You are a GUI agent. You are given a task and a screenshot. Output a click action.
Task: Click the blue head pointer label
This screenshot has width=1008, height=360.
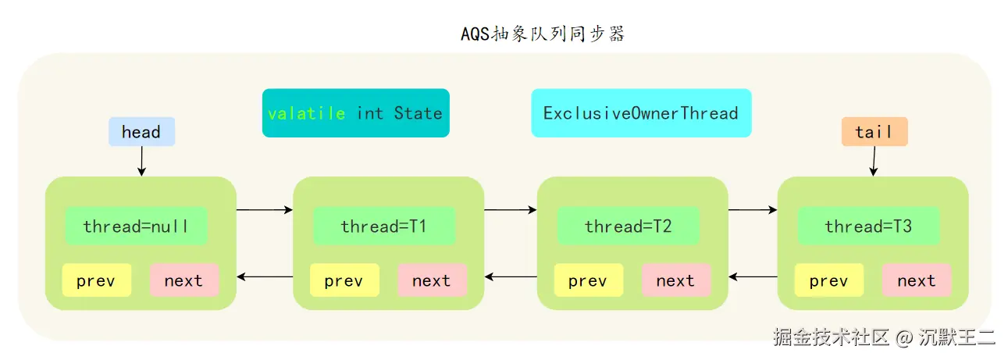[141, 132]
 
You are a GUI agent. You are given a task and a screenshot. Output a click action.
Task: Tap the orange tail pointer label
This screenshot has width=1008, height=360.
[874, 132]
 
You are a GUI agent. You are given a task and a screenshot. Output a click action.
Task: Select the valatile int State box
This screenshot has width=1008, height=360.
[355, 113]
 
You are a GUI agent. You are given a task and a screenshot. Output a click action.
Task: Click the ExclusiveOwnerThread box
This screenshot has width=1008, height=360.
[641, 113]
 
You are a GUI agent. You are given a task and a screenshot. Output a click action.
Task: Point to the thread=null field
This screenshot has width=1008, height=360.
[135, 226]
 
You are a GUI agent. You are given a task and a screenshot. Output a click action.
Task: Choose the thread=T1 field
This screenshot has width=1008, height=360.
[383, 226]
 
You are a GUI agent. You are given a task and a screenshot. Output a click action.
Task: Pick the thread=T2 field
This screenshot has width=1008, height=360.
[628, 226]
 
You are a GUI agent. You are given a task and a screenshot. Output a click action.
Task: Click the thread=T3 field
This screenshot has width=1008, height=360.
[868, 226]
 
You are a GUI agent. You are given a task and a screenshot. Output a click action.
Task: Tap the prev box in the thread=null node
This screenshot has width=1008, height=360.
[96, 280]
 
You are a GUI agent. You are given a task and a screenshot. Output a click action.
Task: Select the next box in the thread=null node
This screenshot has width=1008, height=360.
[183, 280]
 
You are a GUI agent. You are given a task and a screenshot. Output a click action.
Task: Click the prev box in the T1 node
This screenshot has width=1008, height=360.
[344, 280]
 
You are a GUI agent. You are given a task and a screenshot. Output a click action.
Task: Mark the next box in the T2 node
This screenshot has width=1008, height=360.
[675, 280]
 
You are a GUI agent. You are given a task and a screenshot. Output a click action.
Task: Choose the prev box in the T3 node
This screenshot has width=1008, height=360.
[828, 280]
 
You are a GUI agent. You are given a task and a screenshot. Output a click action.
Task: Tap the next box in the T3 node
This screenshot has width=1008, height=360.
[916, 280]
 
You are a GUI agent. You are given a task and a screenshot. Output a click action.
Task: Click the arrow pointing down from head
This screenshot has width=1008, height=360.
[141, 161]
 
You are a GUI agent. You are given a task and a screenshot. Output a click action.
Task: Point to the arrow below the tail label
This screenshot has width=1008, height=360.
[873, 161]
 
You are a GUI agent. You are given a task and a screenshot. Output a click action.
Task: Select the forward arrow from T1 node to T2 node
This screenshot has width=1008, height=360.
[511, 209]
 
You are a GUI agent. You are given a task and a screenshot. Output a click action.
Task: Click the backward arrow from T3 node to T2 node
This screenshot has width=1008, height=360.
[753, 276]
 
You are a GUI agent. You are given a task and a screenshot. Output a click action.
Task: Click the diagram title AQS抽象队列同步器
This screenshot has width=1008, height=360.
[543, 34]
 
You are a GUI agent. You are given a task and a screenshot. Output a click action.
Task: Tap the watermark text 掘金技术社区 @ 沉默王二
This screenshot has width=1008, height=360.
[884, 337]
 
